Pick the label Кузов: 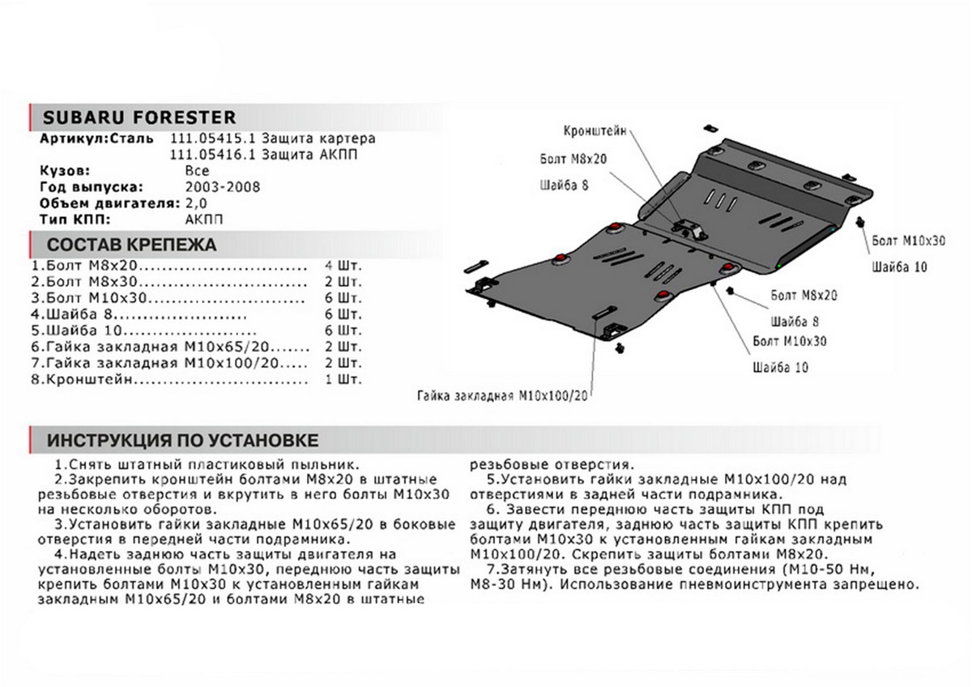66,171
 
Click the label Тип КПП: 74,219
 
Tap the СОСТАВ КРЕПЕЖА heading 132,245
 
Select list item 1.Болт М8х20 85,265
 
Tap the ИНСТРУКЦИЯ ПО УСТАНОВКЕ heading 182,441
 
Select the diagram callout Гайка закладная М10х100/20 502,397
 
